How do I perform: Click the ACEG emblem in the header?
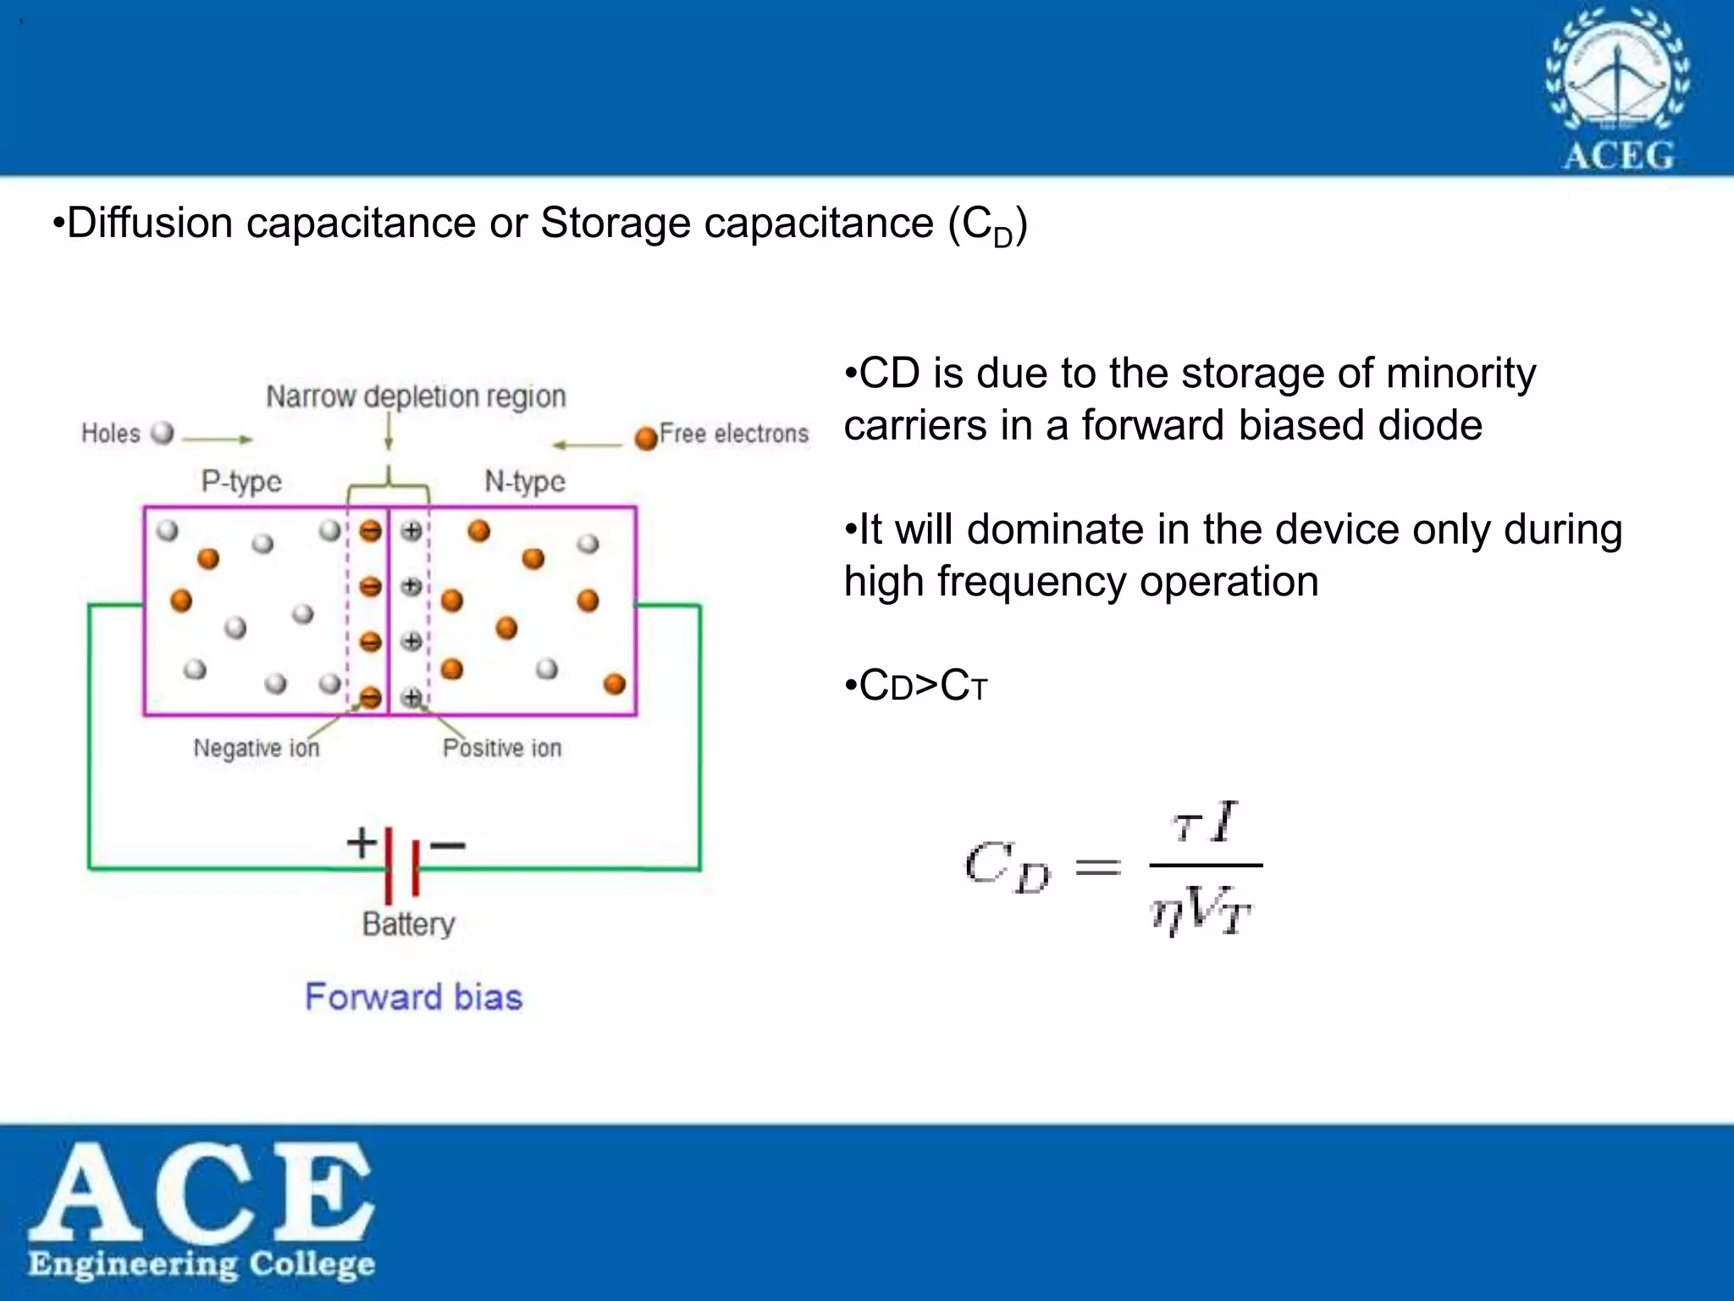coord(1617,89)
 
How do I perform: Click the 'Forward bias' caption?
coord(413,997)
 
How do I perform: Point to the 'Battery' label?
coord(408,923)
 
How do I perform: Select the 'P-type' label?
coord(241,481)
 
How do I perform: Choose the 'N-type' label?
coord(525,481)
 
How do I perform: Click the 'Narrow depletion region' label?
coord(416,396)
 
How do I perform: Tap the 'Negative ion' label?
coord(257,748)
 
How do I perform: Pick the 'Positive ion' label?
coord(502,748)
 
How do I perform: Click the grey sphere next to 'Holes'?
coord(162,433)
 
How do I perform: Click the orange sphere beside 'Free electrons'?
coord(646,437)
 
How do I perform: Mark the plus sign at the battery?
coord(362,843)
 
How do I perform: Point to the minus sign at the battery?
coord(448,844)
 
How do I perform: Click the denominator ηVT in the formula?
coord(1201,911)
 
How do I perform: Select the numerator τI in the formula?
coord(1205,822)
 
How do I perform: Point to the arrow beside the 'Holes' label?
coord(218,439)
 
